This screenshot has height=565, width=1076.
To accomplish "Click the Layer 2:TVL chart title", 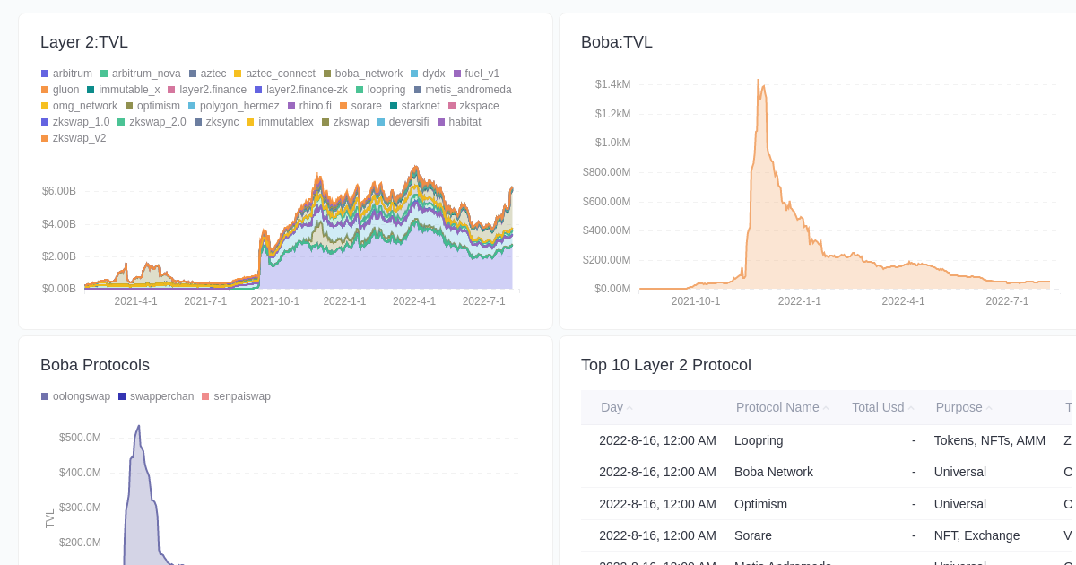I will pyautogui.click(x=84, y=42).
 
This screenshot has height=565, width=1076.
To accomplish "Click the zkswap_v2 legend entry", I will pyautogui.click(x=79, y=138).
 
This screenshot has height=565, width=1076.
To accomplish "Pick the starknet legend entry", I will pyautogui.click(x=420, y=106).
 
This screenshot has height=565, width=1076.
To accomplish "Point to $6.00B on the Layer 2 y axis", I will pyautogui.click(x=59, y=191).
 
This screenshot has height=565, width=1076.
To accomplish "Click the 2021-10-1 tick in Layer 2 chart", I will pyautogui.click(x=275, y=301).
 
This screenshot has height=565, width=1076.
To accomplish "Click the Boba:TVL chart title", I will pyautogui.click(x=617, y=42).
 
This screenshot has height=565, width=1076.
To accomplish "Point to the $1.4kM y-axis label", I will pyautogui.click(x=612, y=84).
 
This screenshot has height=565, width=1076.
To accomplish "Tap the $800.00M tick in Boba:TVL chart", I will pyautogui.click(x=607, y=172).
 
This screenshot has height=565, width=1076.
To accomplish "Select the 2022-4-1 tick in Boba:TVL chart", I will pyautogui.click(x=903, y=301).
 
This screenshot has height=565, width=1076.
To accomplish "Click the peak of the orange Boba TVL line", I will pyautogui.click(x=758, y=80).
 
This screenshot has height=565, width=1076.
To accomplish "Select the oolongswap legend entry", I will pyautogui.click(x=81, y=396).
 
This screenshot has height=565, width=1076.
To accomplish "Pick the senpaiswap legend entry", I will pyautogui.click(x=241, y=396).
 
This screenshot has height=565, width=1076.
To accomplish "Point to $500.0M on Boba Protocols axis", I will pyautogui.click(x=80, y=438).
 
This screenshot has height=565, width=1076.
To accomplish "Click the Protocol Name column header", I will pyautogui.click(x=777, y=407).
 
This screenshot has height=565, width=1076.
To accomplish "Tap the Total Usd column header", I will pyautogui.click(x=878, y=407).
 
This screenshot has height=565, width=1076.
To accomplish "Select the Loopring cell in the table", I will pyautogui.click(x=759, y=440).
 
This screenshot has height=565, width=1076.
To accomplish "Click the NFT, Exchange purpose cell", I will pyautogui.click(x=976, y=535).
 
